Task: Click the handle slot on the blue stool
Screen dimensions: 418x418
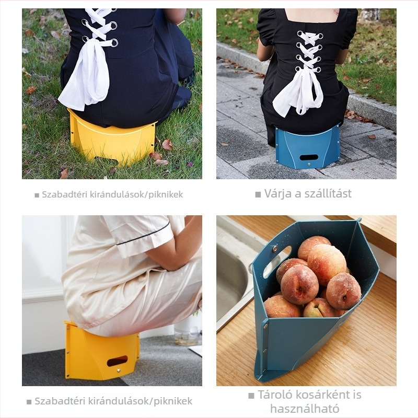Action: (x=309, y=157)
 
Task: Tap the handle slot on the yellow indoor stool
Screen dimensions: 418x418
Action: (x=117, y=361)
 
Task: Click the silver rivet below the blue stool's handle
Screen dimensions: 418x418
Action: (x=309, y=165)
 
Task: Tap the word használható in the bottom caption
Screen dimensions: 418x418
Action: (x=305, y=409)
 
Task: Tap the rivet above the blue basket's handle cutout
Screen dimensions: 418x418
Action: (x=274, y=249)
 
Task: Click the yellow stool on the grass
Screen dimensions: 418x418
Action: (x=112, y=138)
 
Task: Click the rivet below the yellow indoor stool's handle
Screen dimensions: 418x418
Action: (x=119, y=370)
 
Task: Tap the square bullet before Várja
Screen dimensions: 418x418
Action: (x=258, y=194)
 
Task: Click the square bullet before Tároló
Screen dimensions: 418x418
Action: (x=251, y=396)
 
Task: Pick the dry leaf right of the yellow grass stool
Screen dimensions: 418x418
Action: (x=167, y=144)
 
